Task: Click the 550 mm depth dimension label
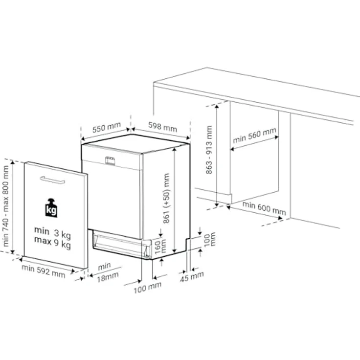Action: [107, 128]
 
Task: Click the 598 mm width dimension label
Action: [162, 127]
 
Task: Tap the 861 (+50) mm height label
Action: [166, 198]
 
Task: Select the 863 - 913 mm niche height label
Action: [209, 150]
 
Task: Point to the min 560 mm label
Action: [255, 135]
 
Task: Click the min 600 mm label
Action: [264, 208]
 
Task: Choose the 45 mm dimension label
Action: [192, 277]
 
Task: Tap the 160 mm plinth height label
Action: [160, 247]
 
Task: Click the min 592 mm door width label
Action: [44, 271]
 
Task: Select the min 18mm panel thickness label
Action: [108, 272]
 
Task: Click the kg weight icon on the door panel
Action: [51, 208]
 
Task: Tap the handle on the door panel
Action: [52, 180]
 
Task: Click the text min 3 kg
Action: [52, 232]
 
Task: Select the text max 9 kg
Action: [52, 243]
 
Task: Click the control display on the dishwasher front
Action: [110, 161]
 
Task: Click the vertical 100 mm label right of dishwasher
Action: [210, 239]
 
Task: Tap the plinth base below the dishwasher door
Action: [122, 245]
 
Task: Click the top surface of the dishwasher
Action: [135, 143]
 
